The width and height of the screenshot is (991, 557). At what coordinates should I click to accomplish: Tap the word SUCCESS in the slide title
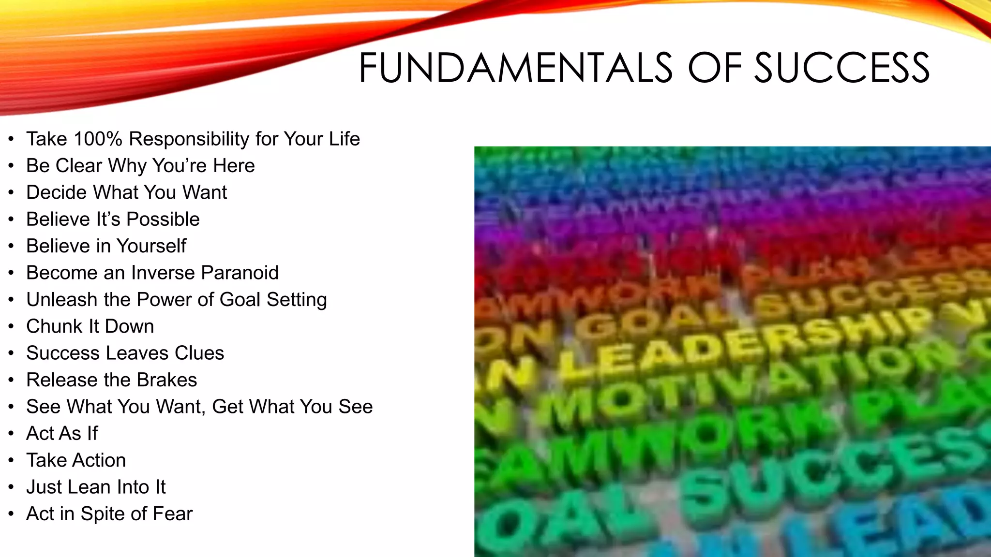tap(841, 68)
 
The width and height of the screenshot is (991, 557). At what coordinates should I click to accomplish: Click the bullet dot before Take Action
tap(11, 460)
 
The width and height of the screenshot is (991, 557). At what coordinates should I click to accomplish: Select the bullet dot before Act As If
tap(11, 434)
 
